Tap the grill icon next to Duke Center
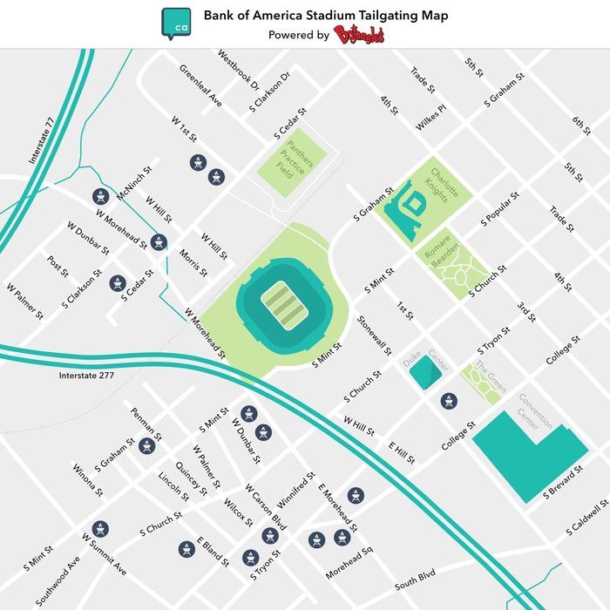[449, 401]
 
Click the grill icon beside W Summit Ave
[100, 528]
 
